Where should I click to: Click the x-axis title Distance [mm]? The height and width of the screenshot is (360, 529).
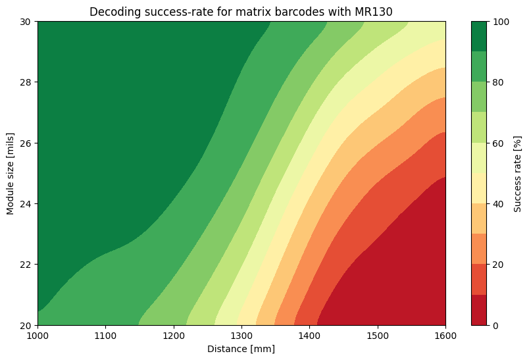click(x=241, y=349)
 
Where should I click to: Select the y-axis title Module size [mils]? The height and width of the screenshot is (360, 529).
click(x=11, y=173)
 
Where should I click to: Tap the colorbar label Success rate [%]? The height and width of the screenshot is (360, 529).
click(x=518, y=173)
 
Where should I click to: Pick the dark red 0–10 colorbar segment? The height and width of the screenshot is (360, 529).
click(x=480, y=310)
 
